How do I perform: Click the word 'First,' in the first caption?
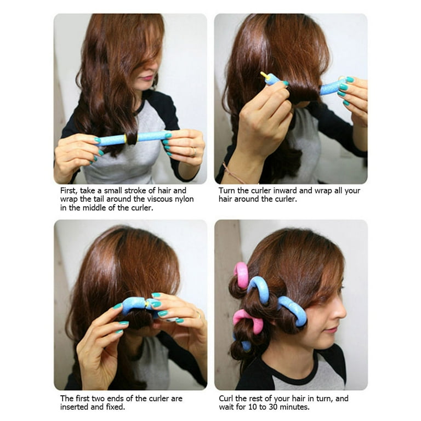70,191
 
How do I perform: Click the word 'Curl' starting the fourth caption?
227,399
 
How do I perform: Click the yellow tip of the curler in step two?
264,74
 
